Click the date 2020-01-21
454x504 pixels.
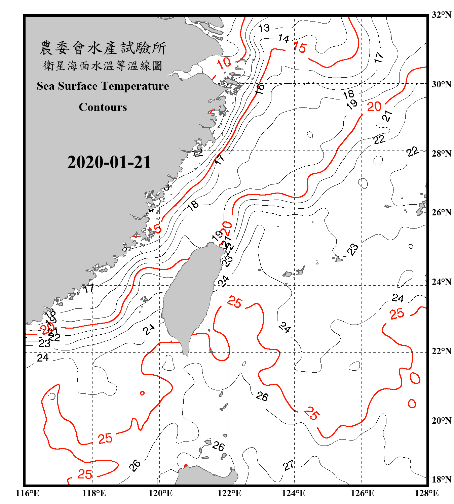click(109, 162)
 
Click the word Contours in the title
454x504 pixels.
click(103, 107)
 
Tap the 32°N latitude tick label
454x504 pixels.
click(441, 15)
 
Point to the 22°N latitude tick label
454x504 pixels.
click(441, 351)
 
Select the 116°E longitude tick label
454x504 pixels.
click(28, 493)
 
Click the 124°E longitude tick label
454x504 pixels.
click(294, 493)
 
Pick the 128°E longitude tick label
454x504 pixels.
click(426, 493)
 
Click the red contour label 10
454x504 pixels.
click(224, 63)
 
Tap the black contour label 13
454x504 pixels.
click(264, 28)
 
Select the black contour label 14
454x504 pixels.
click(283, 39)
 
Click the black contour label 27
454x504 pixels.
click(289, 465)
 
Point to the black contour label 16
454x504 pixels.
click(260, 89)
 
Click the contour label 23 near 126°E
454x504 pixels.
click(352, 249)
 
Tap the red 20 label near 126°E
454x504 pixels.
click(374, 107)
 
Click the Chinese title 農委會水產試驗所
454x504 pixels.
click(103, 48)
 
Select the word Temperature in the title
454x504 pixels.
click(135, 86)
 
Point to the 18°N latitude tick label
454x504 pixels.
click(441, 479)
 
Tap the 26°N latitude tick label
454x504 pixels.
click(441, 212)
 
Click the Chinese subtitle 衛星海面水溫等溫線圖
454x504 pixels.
click(103, 66)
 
